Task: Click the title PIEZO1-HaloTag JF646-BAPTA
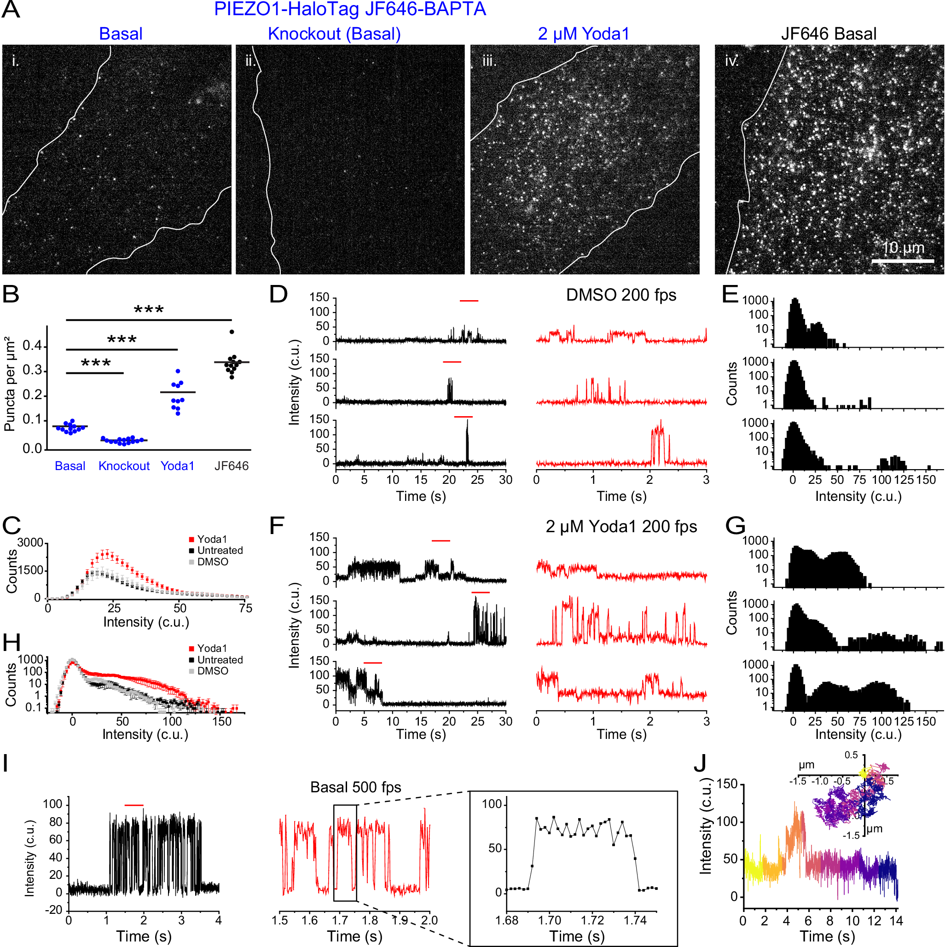click(x=350, y=9)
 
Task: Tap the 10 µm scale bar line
click(x=902, y=261)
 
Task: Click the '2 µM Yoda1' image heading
click(x=583, y=34)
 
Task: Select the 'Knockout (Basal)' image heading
click(x=334, y=34)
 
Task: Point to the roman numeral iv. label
click(x=731, y=61)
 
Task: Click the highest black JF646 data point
click(x=232, y=332)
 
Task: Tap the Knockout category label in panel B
click(x=124, y=465)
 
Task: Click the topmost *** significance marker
click(x=149, y=310)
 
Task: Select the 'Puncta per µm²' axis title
click(x=9, y=384)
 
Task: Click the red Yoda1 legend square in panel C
click(x=191, y=539)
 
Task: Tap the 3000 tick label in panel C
click(x=30, y=543)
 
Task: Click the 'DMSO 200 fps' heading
click(x=621, y=295)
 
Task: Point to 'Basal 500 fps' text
click(x=355, y=787)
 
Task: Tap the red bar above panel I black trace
click(x=134, y=805)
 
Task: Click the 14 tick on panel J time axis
click(x=896, y=921)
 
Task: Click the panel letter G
click(x=735, y=526)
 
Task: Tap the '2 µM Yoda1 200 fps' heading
click(x=621, y=526)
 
